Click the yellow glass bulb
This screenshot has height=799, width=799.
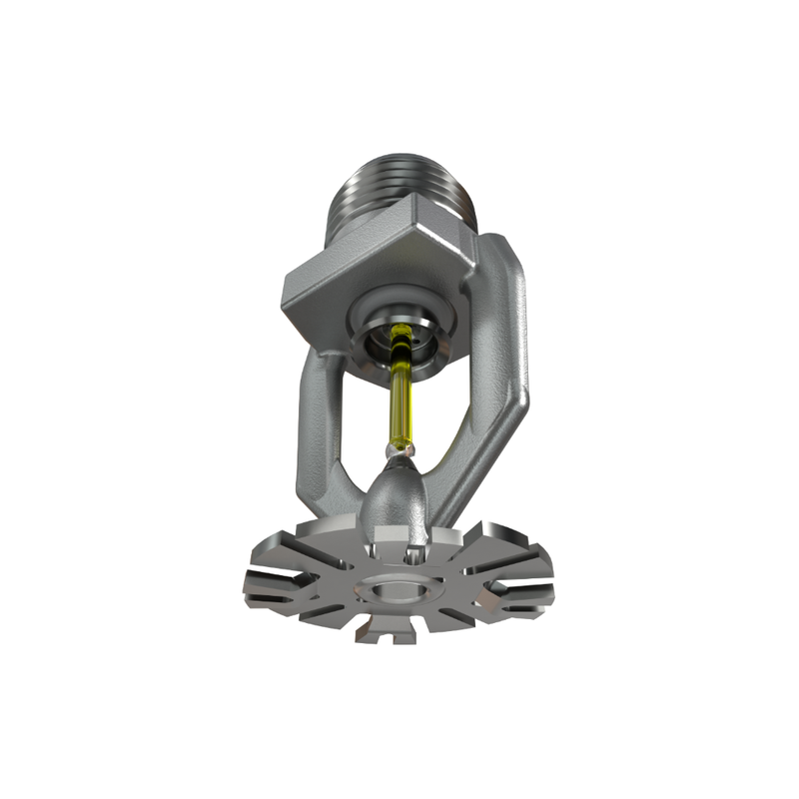(x=402, y=399)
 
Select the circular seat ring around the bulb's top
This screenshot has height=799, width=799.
(x=399, y=335)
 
